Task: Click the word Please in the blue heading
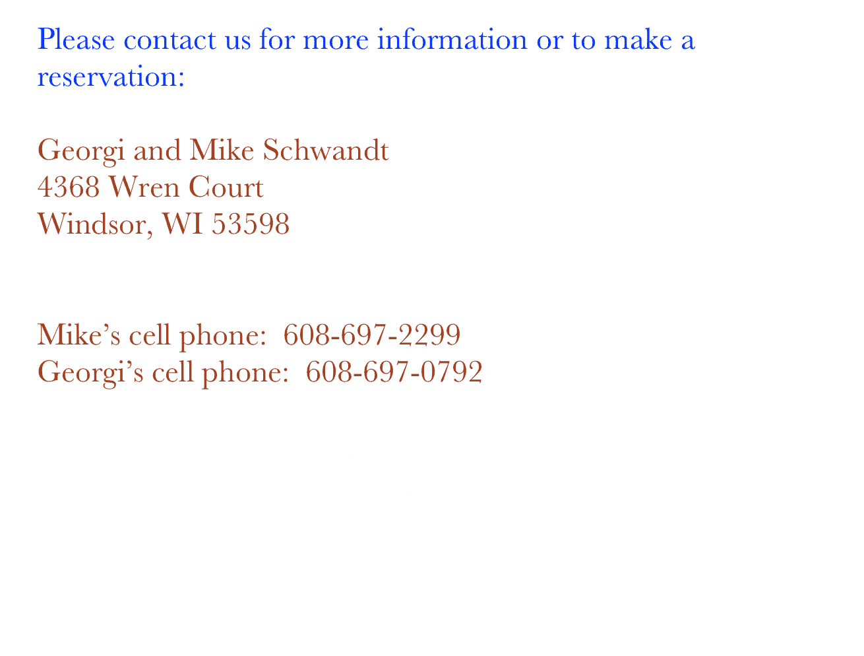(76, 40)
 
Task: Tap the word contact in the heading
(170, 40)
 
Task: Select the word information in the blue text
(452, 40)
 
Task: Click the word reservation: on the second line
(111, 77)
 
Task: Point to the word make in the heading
(638, 40)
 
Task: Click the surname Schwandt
(326, 150)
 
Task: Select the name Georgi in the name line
(80, 151)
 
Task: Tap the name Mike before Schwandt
(222, 150)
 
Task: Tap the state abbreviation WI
(182, 224)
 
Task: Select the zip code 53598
(251, 224)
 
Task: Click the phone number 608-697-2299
(371, 335)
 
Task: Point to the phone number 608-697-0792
(394, 372)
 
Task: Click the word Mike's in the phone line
(78, 335)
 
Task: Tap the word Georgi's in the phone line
(90, 373)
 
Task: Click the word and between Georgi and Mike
(157, 150)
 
